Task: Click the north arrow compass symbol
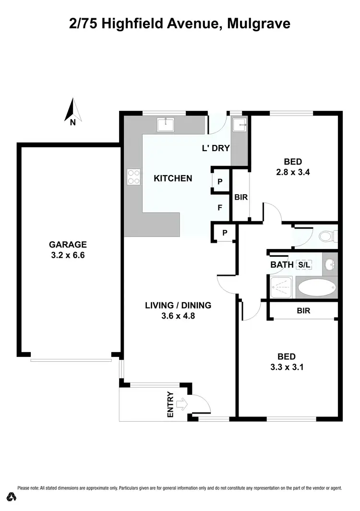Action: [x=73, y=110]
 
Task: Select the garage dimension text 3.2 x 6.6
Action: [x=68, y=255]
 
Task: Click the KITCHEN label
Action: [x=173, y=178]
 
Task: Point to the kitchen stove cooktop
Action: [x=133, y=177]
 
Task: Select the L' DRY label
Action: [x=216, y=148]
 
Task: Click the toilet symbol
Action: [x=329, y=237]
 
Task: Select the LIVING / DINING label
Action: [x=178, y=305]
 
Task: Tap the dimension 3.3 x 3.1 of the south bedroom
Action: [x=287, y=368]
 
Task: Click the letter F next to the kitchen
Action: [x=220, y=208]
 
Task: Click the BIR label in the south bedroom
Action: [x=303, y=310]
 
